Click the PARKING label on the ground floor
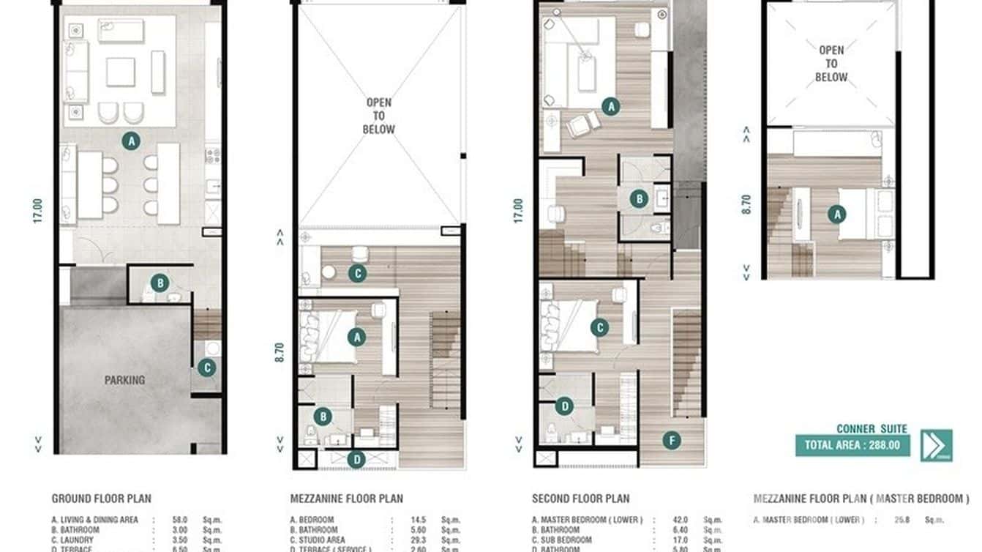tap(124, 380)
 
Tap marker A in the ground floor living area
tap(131, 141)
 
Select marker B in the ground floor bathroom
tap(160, 283)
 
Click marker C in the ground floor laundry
tap(206, 368)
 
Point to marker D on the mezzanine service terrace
tap(356, 460)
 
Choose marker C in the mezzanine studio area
tap(356, 274)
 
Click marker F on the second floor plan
tap(671, 441)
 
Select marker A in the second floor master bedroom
tap(610, 107)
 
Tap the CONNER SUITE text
tap(872, 429)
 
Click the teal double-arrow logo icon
tap(937, 444)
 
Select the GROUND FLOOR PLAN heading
tap(101, 499)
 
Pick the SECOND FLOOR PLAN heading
tap(580, 499)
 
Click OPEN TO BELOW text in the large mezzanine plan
tap(378, 116)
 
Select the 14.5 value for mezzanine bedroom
tap(420, 520)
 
